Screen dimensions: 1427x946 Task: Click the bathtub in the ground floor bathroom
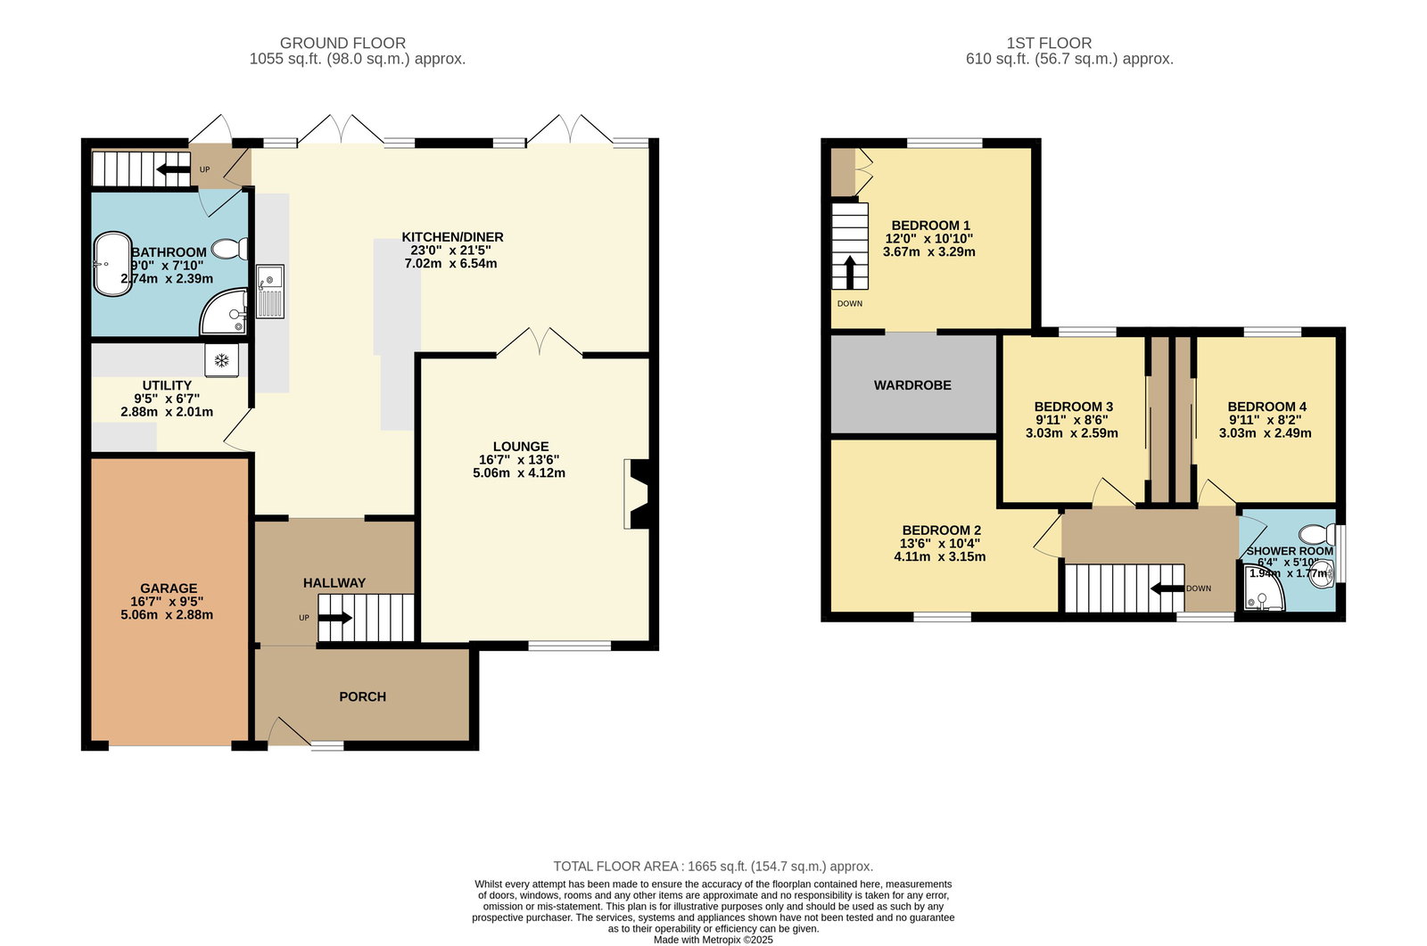point(112,264)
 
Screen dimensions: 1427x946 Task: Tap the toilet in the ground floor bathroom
point(231,249)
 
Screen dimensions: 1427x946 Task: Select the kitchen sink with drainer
point(270,292)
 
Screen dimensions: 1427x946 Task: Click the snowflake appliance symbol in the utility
point(222,361)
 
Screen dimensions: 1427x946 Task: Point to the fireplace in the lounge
point(637,494)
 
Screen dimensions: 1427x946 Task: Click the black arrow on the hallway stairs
point(334,617)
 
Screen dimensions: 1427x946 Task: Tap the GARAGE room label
point(169,588)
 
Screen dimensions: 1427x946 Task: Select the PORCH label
point(362,696)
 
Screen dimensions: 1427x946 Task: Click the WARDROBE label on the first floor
point(912,385)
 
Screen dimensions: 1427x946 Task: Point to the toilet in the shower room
point(1317,532)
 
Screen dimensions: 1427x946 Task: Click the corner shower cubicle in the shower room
point(1261,588)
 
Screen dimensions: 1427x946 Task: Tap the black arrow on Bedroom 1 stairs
point(850,272)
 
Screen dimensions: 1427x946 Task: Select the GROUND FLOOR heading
point(342,43)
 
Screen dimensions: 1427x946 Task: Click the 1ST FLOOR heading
point(1049,43)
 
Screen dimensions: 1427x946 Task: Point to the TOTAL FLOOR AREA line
point(713,866)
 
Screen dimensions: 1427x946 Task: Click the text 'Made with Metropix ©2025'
point(713,940)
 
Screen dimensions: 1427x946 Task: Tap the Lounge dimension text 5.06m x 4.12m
point(518,473)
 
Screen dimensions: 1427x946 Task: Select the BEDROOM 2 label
point(941,530)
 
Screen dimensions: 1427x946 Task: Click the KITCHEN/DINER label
point(452,237)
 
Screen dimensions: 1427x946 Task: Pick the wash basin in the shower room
point(1324,573)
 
